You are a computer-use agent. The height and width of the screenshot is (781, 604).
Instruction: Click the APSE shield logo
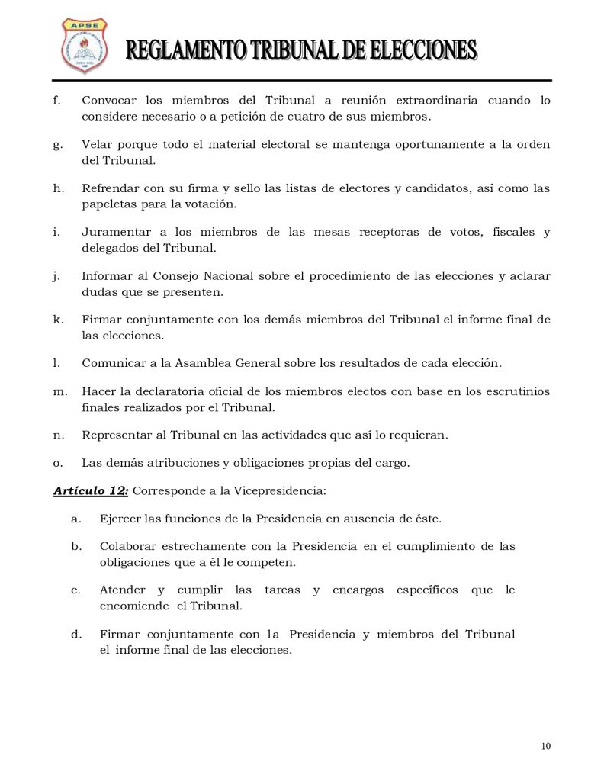click(x=84, y=46)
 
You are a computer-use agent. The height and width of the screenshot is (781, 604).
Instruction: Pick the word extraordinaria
click(x=429, y=101)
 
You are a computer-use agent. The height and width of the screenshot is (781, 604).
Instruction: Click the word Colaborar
click(x=127, y=546)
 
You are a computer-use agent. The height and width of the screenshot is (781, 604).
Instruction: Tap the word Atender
click(x=122, y=590)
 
